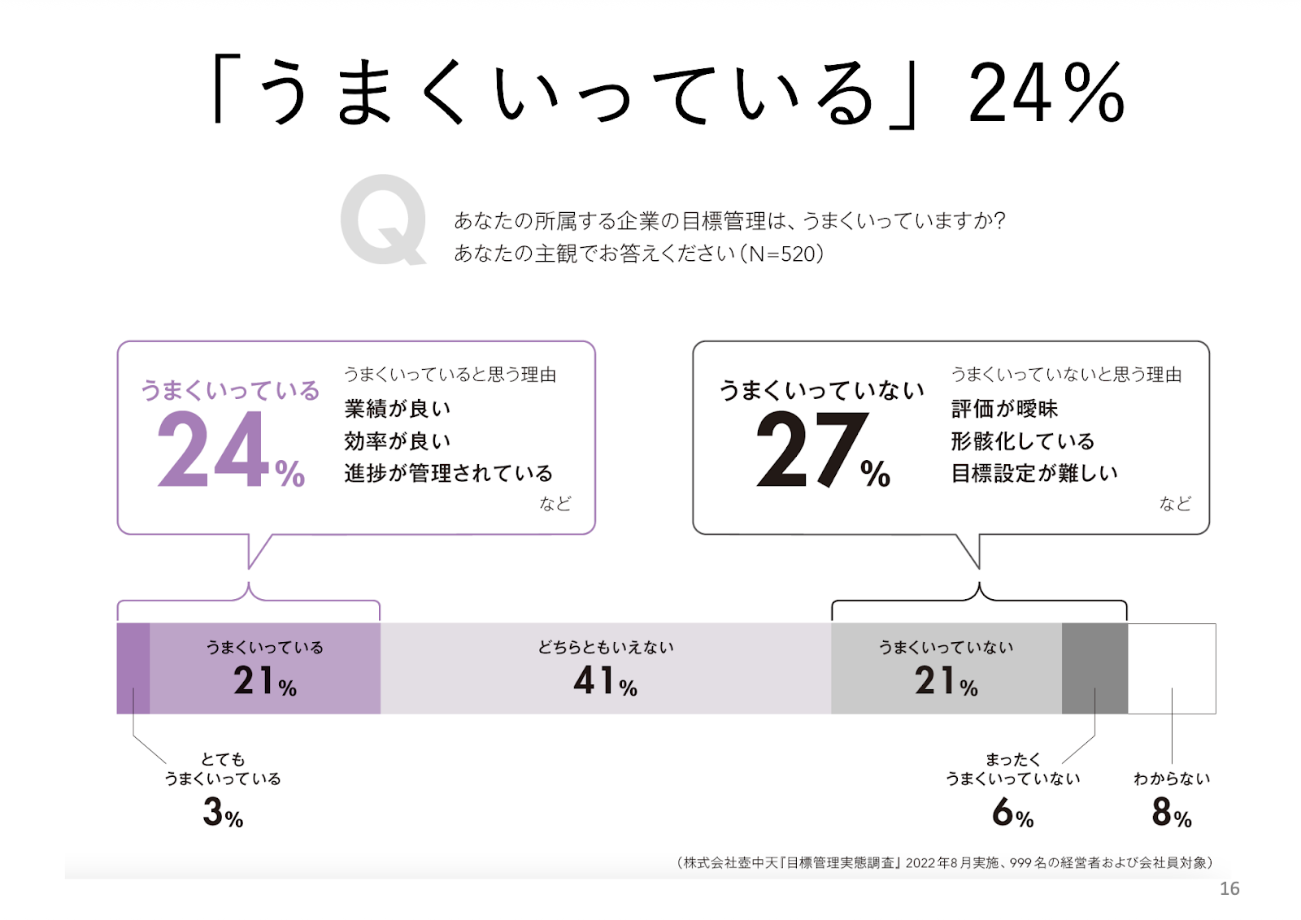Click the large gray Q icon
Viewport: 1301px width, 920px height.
(x=383, y=219)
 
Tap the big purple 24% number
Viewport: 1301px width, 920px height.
(x=229, y=449)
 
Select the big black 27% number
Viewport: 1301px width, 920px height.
(x=822, y=449)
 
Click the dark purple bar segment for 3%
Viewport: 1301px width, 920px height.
(x=133, y=668)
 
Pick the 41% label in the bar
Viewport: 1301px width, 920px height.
(x=605, y=680)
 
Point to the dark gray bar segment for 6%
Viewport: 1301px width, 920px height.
(x=1094, y=668)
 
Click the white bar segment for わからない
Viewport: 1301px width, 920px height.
(x=1172, y=668)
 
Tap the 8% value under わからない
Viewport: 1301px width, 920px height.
(x=1172, y=812)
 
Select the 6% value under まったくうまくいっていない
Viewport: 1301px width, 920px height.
(x=1012, y=812)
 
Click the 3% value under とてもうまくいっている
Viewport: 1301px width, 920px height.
(x=223, y=812)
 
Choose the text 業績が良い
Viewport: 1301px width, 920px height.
(x=397, y=408)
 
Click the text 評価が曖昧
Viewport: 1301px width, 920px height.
(x=1004, y=408)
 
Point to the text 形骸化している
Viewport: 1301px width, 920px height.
(x=1022, y=440)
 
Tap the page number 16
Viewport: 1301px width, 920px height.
(x=1229, y=888)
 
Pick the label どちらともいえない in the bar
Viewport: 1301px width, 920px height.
(x=605, y=647)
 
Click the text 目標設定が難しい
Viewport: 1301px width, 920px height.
(x=1033, y=473)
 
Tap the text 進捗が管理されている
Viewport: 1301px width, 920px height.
(x=448, y=473)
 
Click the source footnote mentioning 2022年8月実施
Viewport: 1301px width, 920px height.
(x=943, y=862)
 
